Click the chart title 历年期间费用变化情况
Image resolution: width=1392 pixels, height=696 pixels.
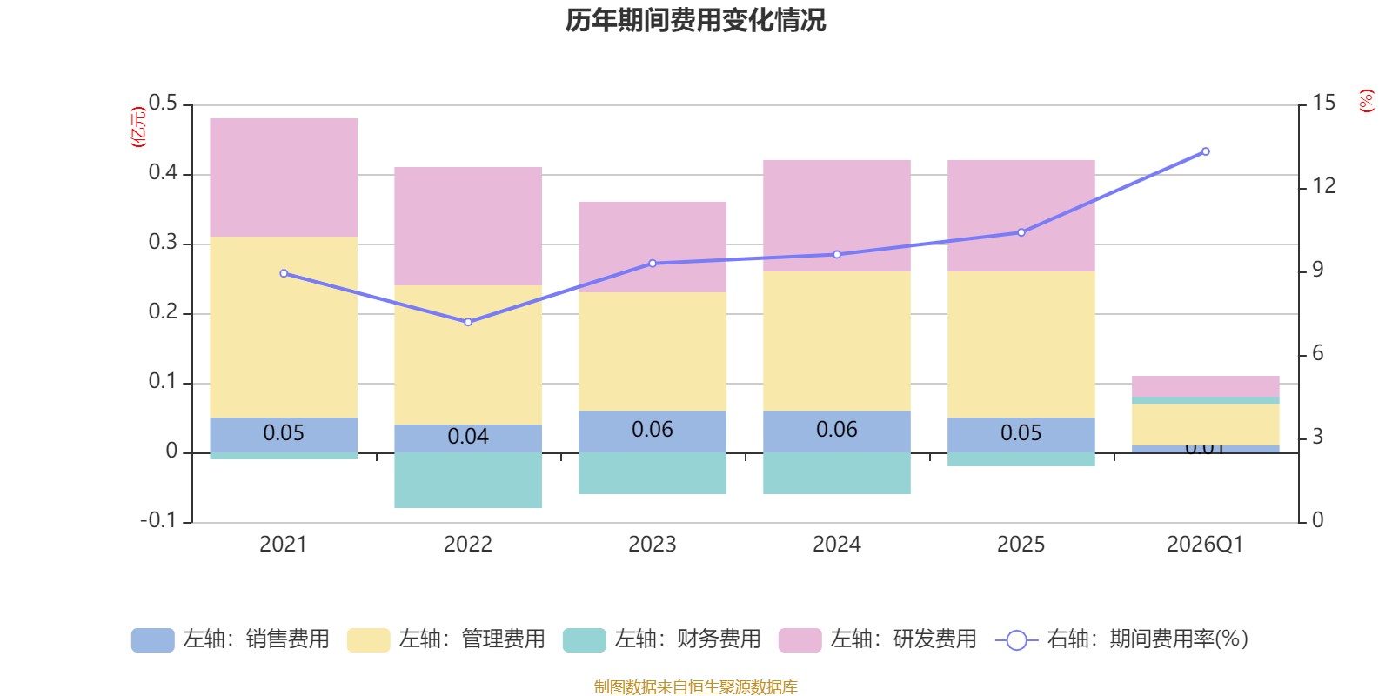coord(695,20)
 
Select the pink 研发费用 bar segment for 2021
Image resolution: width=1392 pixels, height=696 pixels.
coord(284,177)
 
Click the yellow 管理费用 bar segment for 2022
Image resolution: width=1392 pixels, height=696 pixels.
coord(468,355)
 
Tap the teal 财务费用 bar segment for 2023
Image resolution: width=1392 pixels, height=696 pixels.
coord(652,473)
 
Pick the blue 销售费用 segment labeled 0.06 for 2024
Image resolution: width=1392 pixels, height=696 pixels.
coord(837,431)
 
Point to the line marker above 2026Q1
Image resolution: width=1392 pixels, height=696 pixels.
coord(1206,151)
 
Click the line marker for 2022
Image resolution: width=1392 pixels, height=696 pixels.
coord(468,322)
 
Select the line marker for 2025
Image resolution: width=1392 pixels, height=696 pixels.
coord(1021,232)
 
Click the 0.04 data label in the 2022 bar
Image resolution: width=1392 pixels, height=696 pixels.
coord(468,437)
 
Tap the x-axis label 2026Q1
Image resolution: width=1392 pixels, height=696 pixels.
coord(1205,545)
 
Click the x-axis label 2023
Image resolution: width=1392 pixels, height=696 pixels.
coord(652,545)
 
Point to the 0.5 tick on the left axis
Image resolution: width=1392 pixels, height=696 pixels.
coord(163,104)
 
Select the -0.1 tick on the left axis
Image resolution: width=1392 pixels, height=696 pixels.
coord(158,520)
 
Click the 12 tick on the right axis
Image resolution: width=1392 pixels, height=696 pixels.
coord(1324,185)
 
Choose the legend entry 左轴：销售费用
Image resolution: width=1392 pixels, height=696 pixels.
coord(231,639)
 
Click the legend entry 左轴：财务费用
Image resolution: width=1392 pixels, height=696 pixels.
coord(662,639)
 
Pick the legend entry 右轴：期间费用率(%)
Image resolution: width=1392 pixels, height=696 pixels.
coord(1121,639)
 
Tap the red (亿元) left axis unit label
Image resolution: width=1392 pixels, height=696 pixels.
coord(137,127)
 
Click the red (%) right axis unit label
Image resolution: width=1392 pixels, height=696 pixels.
coord(1367,101)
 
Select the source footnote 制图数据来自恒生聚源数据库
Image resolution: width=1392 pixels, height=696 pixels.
coord(695,687)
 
